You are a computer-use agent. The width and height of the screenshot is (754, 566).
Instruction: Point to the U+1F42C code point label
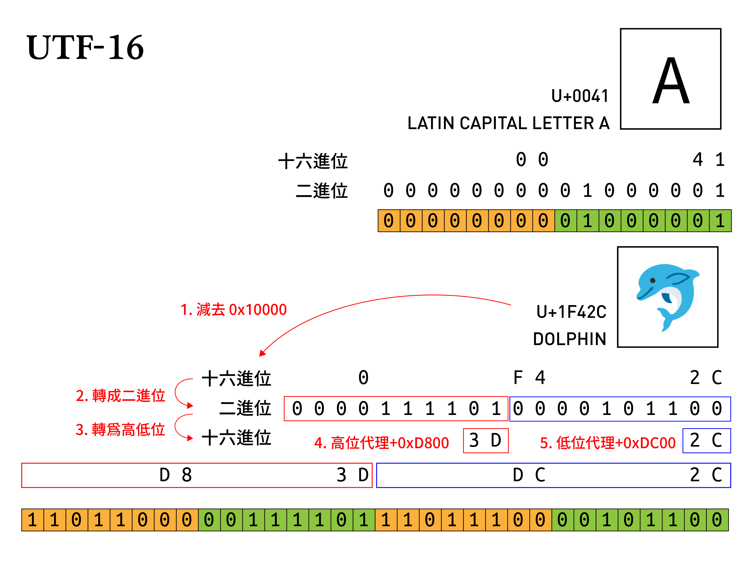tap(571, 312)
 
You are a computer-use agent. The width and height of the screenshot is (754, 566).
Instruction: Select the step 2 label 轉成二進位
tap(120, 396)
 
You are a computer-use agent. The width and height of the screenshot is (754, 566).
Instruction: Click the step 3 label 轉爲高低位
tap(120, 429)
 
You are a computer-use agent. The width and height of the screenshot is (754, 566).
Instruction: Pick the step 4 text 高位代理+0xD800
tap(382, 443)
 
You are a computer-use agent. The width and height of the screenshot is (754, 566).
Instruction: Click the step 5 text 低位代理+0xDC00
tap(608, 443)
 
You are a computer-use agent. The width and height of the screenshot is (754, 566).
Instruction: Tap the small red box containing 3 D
tap(485, 440)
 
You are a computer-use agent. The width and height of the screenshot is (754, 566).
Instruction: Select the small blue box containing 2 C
tap(706, 440)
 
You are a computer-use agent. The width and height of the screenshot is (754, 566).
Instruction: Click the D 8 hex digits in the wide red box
tap(175, 475)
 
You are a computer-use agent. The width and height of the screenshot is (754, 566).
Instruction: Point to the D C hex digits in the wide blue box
tap(529, 475)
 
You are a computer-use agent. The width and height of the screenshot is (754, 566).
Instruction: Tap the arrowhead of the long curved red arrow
tap(262, 353)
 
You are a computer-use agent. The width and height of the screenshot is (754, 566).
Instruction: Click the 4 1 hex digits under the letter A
tap(709, 160)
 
